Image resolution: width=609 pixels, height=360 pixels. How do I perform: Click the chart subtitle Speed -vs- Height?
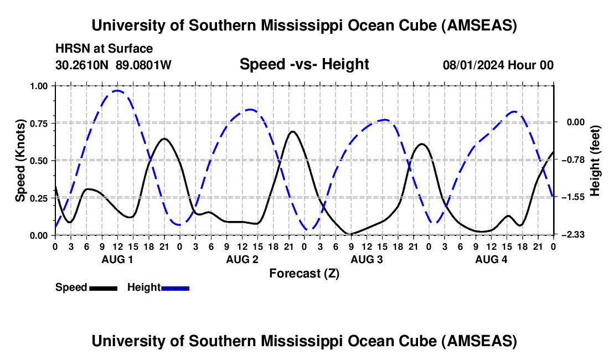[304, 64]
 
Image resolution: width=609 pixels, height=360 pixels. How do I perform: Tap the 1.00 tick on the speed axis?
[39, 86]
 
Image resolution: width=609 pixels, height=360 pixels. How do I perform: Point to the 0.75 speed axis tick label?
[39, 124]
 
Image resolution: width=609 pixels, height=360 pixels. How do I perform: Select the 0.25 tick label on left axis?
[39, 198]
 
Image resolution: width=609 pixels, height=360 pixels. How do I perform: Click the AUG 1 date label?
[117, 259]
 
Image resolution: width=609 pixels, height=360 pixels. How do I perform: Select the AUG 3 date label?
[367, 259]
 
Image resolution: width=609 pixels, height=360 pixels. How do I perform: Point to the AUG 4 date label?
[491, 259]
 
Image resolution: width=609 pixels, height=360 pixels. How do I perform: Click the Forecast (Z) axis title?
[304, 274]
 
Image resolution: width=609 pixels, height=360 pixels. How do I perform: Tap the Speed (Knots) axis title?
[20, 161]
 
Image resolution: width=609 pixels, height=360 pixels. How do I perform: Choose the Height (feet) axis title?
[595, 161]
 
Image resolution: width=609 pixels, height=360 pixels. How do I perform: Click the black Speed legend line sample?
[104, 288]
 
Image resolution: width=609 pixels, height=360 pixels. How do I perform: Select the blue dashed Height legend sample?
[175, 288]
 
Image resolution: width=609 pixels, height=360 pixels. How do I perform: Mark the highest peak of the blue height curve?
[117, 91]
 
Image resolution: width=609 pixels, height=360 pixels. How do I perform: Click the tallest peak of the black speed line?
[292, 132]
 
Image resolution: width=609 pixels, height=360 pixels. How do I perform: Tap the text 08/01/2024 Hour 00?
[498, 65]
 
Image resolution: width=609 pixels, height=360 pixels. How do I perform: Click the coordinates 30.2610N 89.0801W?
[113, 65]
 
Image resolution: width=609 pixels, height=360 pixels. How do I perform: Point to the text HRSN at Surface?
[104, 49]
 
